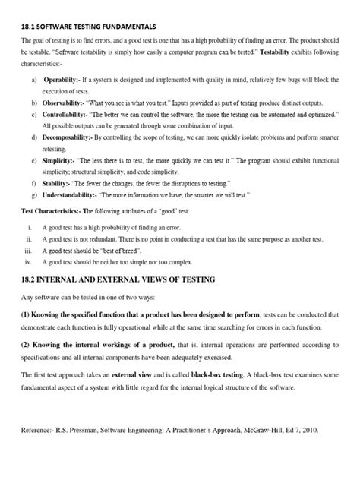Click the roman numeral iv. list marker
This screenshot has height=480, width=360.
[28, 242]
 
